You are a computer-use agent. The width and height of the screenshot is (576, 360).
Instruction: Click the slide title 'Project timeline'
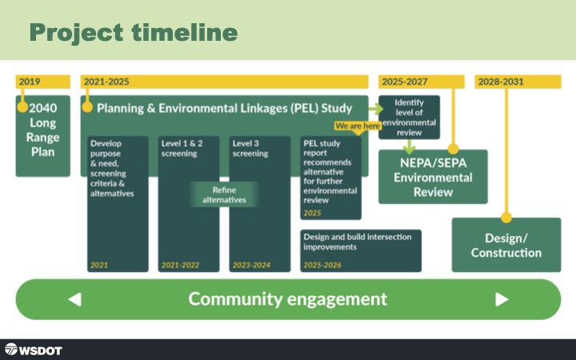[134, 33]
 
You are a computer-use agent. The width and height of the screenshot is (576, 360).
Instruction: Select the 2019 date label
[30, 82]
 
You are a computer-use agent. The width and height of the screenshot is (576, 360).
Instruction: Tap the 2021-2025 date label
[107, 82]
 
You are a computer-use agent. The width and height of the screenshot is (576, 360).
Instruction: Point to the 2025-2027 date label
[405, 82]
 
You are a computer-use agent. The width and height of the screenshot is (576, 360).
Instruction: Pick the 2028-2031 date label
[501, 82]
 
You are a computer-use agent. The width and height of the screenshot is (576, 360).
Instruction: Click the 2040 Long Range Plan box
[43, 136]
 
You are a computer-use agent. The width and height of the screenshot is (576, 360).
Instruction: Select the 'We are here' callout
[357, 126]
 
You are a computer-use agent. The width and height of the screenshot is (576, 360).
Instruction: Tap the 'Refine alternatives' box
[224, 194]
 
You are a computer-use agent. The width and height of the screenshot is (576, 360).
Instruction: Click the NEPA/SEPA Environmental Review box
[433, 177]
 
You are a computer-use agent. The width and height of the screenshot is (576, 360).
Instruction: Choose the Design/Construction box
[506, 245]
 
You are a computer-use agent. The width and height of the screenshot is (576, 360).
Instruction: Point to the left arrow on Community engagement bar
[75, 299]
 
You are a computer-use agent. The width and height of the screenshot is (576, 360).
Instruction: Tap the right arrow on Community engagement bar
[502, 299]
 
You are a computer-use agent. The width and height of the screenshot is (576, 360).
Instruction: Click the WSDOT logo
[33, 350]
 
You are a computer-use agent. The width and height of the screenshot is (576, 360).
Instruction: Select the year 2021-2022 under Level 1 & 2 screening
[181, 264]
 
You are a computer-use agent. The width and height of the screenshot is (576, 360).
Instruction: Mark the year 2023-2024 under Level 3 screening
[252, 264]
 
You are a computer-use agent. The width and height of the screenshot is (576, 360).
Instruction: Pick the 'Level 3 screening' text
[250, 147]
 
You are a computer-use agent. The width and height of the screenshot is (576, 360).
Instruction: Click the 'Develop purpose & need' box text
[112, 168]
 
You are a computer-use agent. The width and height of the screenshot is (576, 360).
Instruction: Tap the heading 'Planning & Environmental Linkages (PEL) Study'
[225, 106]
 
